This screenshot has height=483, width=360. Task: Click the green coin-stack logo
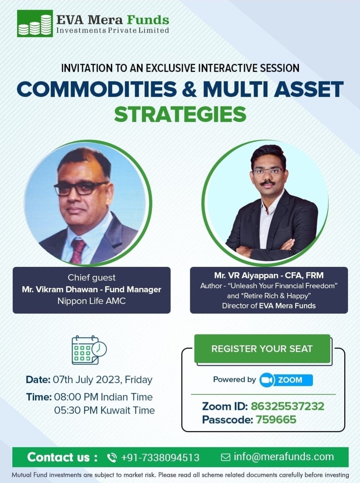click(x=35, y=23)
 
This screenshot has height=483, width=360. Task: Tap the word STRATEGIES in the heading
click(x=180, y=114)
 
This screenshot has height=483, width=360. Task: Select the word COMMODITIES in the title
click(x=97, y=89)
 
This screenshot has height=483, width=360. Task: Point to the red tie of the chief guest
click(x=78, y=251)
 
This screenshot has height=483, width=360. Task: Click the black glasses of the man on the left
click(x=81, y=188)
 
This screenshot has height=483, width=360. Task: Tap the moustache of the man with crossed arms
click(x=267, y=182)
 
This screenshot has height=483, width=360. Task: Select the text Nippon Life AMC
click(x=91, y=301)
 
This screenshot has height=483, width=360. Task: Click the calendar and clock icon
click(x=89, y=350)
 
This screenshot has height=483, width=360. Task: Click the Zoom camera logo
click(x=266, y=380)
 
